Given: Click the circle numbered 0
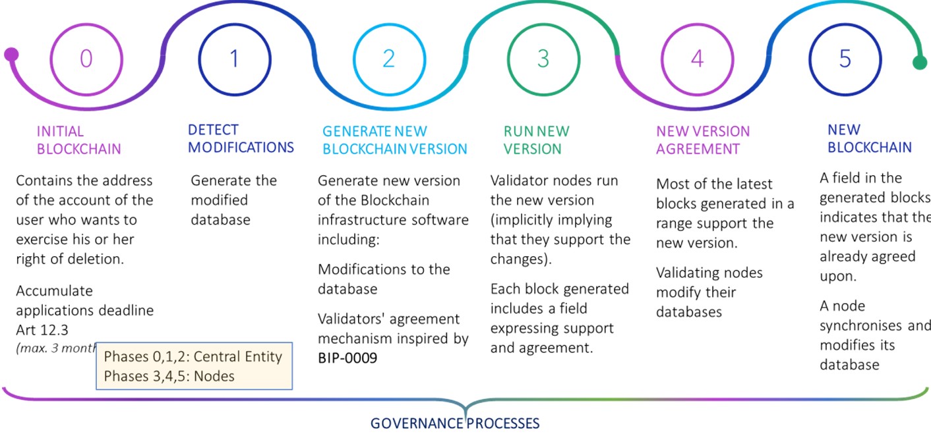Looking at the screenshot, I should point(86,59).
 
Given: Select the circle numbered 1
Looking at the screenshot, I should point(233,59).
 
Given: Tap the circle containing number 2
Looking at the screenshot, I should point(388,59).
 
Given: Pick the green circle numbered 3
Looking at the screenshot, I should point(543,59).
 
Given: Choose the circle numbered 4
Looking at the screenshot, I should point(697,59).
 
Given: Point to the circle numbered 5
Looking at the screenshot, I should point(845,59).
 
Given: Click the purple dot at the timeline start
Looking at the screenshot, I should point(11,54).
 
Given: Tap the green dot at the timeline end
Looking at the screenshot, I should point(919,63).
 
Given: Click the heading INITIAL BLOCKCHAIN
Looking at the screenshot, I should point(79,140).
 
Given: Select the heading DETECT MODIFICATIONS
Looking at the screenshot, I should point(241,138).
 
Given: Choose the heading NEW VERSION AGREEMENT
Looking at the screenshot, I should point(703,140).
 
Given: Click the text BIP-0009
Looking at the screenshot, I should point(347,359).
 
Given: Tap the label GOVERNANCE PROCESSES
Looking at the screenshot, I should point(455,423).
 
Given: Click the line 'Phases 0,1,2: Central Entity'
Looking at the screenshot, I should point(193,357).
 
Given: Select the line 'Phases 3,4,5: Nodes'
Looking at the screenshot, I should point(169,376).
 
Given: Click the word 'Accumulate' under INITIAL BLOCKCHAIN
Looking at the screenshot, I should point(54,291).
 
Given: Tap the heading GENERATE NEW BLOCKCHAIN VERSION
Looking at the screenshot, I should point(394,140).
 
